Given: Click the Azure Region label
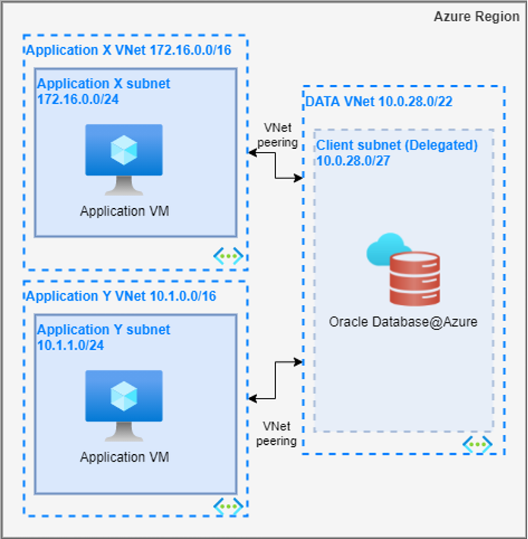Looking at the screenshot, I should (476, 17).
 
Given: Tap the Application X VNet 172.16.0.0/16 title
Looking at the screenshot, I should (128, 50).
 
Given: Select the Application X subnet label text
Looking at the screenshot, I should (104, 84).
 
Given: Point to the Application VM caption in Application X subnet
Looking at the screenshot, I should (124, 211).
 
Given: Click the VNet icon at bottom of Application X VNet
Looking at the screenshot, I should (228, 256).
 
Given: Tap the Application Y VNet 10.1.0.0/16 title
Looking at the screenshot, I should (121, 296).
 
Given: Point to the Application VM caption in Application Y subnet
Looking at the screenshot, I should (124, 457).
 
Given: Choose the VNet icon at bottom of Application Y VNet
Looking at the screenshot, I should (228, 504).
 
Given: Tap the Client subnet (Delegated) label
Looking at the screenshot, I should (397, 145).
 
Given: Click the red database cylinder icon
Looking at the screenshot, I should (414, 279).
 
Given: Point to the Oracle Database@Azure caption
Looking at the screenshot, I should (403, 322).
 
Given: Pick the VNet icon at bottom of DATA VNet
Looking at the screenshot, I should (478, 443).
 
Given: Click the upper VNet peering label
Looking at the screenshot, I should (278, 135).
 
